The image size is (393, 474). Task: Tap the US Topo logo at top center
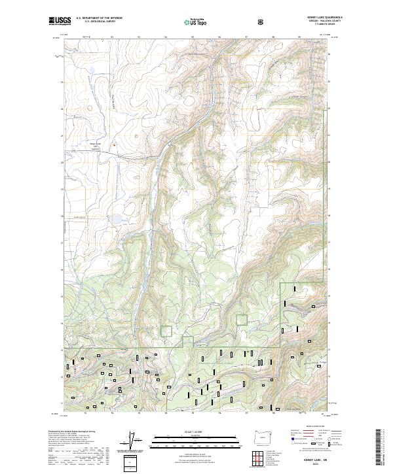196,22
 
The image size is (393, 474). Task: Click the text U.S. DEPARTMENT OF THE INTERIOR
99,18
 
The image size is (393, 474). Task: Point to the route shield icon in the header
261,22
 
